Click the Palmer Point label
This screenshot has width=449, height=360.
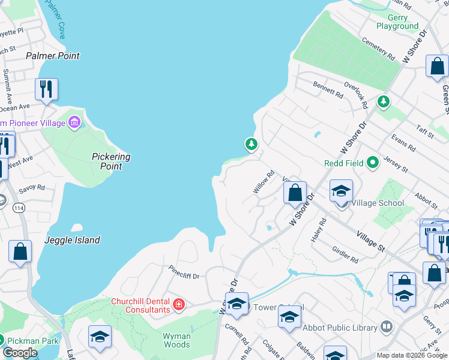tap(53, 56)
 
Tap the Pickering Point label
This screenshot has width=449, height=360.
tap(111, 161)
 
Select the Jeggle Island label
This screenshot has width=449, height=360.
tap(72, 240)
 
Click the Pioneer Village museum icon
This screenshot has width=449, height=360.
tap(74, 123)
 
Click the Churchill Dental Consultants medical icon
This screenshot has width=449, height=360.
tap(178, 305)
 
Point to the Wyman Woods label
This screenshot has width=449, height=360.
tap(176, 340)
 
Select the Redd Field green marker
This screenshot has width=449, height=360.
tap(373, 162)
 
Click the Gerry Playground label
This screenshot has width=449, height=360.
tap(397, 22)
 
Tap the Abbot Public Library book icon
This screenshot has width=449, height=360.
tap(387, 328)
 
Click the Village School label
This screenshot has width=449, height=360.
tap(378, 203)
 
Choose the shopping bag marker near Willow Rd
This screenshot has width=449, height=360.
tap(295, 193)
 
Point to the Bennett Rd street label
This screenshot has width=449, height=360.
tap(328, 89)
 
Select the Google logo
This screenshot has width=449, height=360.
tap(20, 353)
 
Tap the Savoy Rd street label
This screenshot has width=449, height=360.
tap(32, 188)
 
